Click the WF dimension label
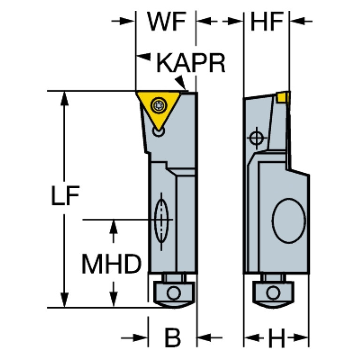(x=167, y=21)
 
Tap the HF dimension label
(x=267, y=21)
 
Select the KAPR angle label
(x=191, y=63)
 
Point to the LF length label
(x=65, y=195)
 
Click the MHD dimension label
(x=112, y=264)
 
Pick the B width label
(x=173, y=337)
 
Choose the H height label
(x=276, y=338)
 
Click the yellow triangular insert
(x=159, y=108)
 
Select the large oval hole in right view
(x=289, y=221)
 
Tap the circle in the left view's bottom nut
(x=174, y=293)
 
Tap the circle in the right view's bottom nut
(x=273, y=293)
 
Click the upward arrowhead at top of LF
(x=64, y=98)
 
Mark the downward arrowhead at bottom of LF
(x=64, y=300)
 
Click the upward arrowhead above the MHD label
(x=114, y=227)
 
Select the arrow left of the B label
(x=134, y=338)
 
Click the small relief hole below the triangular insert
(x=159, y=131)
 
